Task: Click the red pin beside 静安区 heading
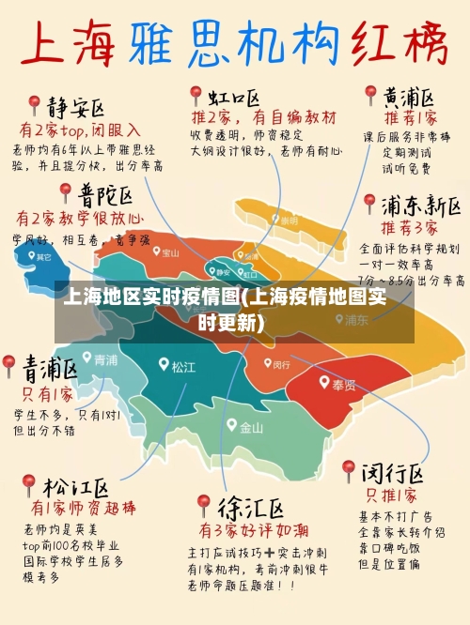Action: [35, 104]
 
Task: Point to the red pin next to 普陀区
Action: [65, 192]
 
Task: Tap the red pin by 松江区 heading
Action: [29, 484]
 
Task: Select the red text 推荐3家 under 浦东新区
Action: [409, 228]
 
